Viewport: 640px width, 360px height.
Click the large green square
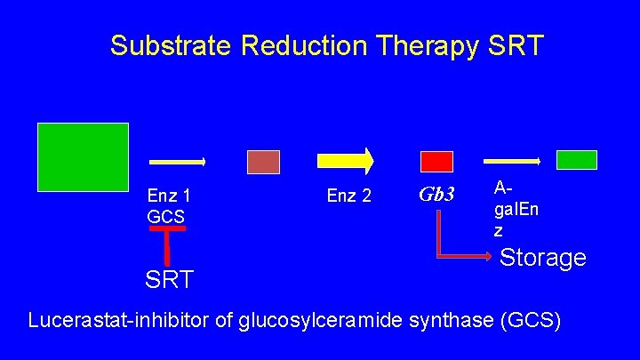83,156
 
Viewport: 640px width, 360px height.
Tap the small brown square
263,162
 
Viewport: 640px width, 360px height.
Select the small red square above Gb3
436,162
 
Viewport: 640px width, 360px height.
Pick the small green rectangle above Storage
576,160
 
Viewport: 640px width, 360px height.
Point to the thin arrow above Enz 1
178,162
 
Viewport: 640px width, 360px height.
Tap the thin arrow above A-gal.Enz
511,161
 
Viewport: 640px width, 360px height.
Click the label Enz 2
349,196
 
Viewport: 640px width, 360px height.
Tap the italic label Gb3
436,194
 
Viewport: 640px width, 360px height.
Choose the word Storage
543,258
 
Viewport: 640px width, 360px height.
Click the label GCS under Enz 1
166,216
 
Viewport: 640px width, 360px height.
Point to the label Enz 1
170,196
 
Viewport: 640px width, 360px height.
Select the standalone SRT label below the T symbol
169,281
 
